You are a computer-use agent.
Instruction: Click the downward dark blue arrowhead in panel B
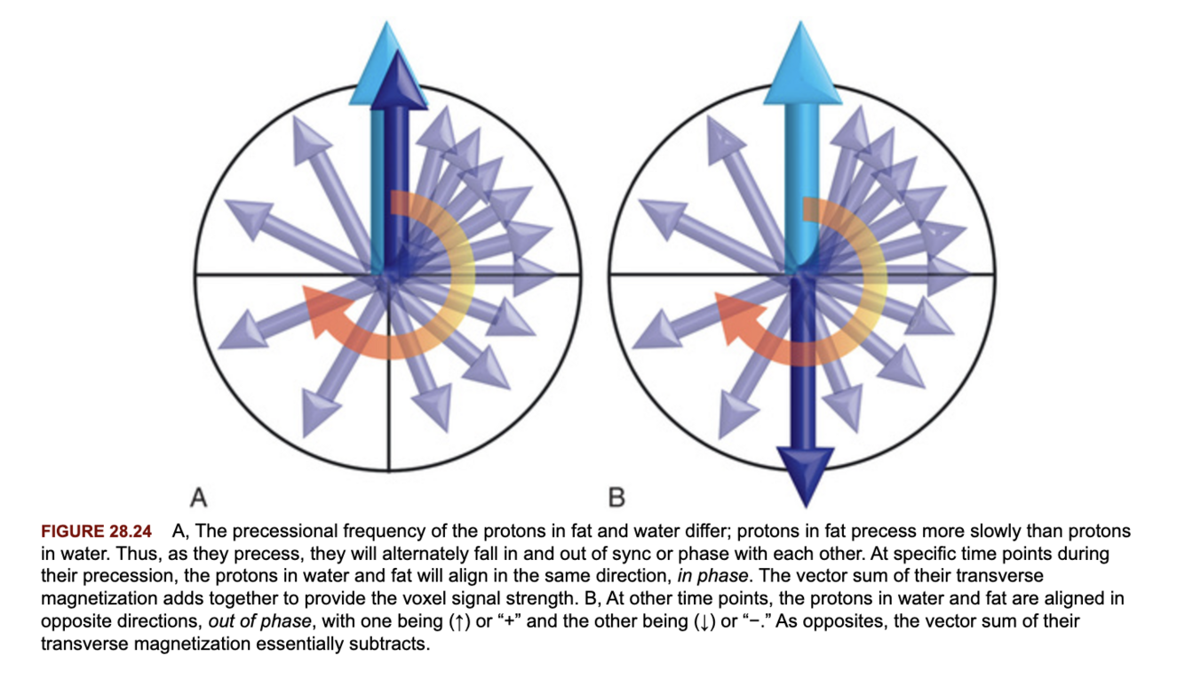[804, 471]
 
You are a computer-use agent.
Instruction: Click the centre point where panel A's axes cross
[388, 275]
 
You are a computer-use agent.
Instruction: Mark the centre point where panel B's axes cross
[803, 274]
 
